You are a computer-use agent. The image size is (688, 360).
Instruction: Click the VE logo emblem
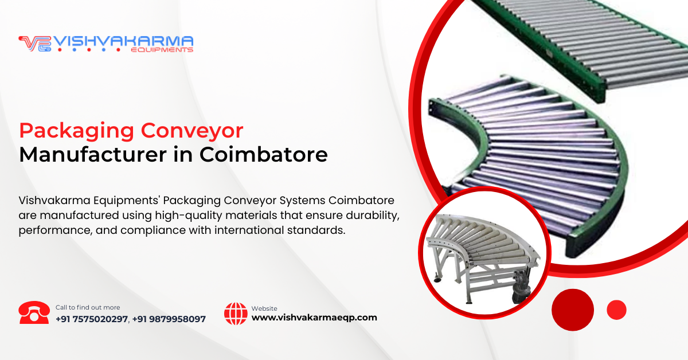point(35,44)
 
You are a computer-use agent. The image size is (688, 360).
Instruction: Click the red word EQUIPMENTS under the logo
point(162,50)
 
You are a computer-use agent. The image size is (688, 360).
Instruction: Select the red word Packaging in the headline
point(76,131)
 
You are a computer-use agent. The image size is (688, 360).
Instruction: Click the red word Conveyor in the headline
point(192,131)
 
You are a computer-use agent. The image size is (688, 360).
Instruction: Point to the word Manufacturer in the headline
point(93,155)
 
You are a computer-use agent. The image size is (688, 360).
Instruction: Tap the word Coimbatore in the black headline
point(264,155)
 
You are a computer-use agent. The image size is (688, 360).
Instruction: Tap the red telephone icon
point(34,312)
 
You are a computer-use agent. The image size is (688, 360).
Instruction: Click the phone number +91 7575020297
point(92,319)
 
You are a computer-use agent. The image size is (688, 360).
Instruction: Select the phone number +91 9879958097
point(169,319)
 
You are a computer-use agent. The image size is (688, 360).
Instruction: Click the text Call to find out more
point(88,307)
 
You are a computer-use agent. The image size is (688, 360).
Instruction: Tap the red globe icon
point(236,314)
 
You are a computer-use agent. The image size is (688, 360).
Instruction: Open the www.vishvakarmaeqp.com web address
point(314,318)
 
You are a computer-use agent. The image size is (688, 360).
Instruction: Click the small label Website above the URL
point(264,308)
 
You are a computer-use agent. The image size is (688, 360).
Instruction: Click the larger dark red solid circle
point(573,310)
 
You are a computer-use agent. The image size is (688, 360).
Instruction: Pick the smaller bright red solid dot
point(616,310)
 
